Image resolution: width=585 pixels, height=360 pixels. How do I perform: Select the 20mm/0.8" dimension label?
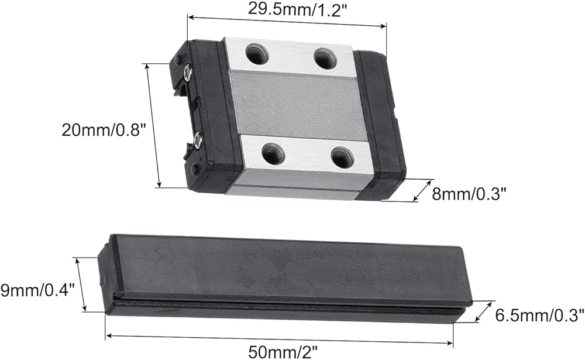102,130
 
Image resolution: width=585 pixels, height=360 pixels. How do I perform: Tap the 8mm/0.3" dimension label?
469,194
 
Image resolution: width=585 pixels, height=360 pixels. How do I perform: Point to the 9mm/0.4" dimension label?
37,290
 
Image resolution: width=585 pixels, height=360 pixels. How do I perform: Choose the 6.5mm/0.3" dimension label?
539,316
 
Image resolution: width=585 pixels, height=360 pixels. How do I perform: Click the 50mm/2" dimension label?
283,352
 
